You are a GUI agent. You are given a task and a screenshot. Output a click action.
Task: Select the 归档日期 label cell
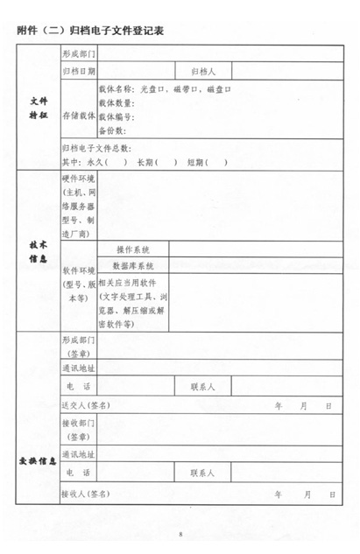[79, 70]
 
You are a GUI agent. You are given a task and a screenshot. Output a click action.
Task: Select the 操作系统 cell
[133, 249]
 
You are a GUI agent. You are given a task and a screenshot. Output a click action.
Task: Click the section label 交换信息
[38, 460]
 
